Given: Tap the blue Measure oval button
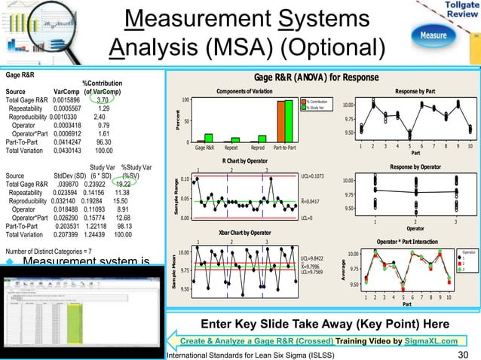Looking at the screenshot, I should point(438,35).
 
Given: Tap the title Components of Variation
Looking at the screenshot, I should point(244,91).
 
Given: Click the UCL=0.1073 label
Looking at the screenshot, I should point(313,175).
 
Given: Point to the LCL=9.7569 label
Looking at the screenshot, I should point(312,273).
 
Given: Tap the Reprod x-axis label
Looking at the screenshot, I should point(257,148).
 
